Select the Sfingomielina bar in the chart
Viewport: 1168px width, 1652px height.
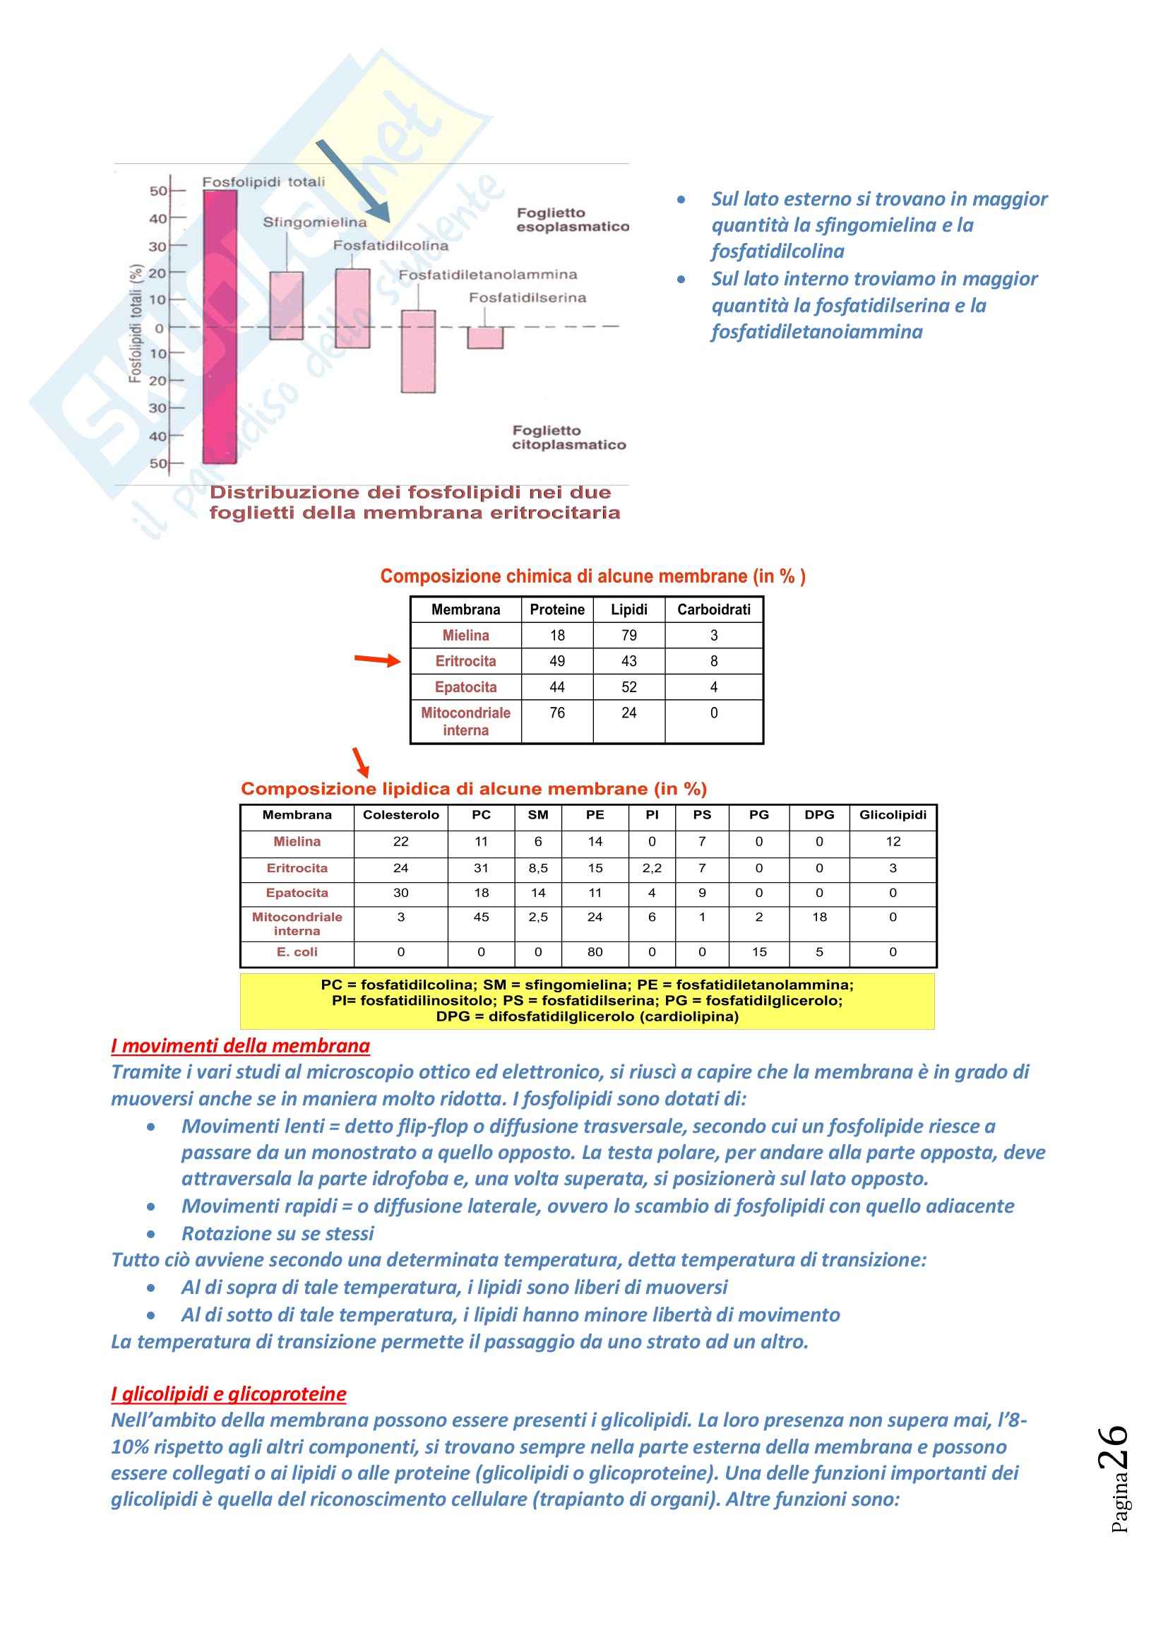coord(286,305)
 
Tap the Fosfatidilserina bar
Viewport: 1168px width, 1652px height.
coord(485,338)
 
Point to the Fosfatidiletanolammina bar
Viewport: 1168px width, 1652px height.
coord(418,351)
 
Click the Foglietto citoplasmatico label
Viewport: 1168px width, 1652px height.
coord(568,437)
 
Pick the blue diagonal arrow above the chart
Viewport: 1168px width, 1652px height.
coord(352,181)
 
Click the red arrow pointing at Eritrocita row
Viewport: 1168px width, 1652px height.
coord(377,660)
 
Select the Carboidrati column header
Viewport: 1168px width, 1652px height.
coord(713,610)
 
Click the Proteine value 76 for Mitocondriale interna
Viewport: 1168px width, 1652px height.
coord(556,713)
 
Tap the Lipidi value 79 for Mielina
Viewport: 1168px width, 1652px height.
coord(628,636)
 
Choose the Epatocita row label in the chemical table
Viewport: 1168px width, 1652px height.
coord(465,687)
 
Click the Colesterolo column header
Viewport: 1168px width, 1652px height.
coord(400,814)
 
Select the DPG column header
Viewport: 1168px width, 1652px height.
coord(819,814)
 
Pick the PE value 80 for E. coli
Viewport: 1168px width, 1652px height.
coord(595,952)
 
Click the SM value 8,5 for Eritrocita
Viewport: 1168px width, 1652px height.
coord(538,868)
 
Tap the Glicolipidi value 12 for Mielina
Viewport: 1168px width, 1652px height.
coord(893,841)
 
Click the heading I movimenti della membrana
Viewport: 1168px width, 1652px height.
coord(240,1045)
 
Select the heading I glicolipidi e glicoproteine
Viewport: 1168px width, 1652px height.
coord(229,1393)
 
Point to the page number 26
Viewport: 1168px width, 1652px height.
coord(1112,1448)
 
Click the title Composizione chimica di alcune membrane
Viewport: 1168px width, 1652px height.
coord(592,576)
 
